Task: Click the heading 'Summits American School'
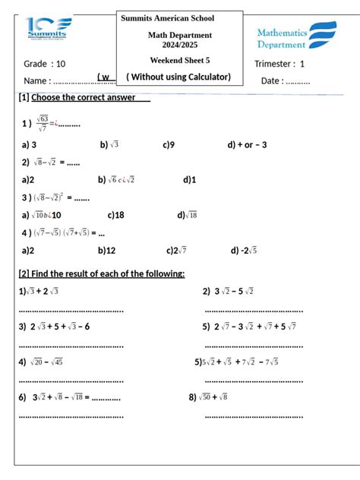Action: coord(178,17)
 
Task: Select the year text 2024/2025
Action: coord(180,45)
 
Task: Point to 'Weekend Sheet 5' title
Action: coord(180,60)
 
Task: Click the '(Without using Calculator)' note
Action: coord(178,77)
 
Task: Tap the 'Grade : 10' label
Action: coord(45,64)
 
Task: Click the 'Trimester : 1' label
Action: coord(279,64)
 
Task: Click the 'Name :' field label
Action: coord(37,81)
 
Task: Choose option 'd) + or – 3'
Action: coord(247,144)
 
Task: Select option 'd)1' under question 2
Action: coord(189,180)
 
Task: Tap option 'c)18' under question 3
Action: coord(115,215)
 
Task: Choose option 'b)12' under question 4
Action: coord(106,250)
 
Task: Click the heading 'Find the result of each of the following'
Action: coord(101,273)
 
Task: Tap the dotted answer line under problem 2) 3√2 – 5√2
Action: coord(254,310)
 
